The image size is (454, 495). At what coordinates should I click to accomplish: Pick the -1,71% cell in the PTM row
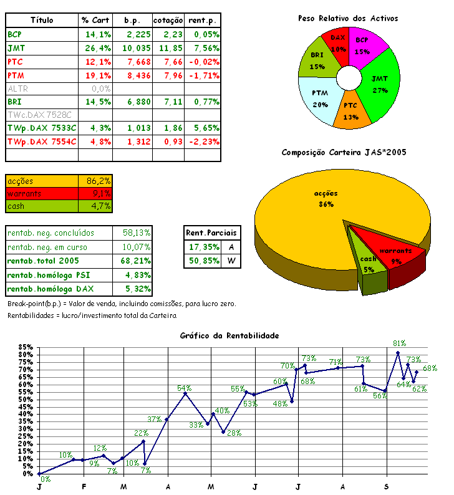(x=203, y=75)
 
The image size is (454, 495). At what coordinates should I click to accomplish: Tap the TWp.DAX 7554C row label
(x=42, y=142)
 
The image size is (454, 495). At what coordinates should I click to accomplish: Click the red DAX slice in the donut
(x=339, y=44)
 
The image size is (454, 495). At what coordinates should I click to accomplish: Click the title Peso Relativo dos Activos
(x=348, y=19)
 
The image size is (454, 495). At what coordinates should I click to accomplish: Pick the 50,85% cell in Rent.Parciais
(x=203, y=261)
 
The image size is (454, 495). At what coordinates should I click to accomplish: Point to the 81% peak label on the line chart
(x=400, y=343)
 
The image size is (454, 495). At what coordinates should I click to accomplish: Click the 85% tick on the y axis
(x=26, y=347)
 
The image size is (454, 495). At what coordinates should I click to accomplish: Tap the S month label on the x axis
(x=387, y=486)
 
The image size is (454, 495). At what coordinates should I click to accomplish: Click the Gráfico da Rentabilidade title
(x=229, y=335)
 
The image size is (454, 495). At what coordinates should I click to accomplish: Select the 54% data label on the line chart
(x=185, y=387)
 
